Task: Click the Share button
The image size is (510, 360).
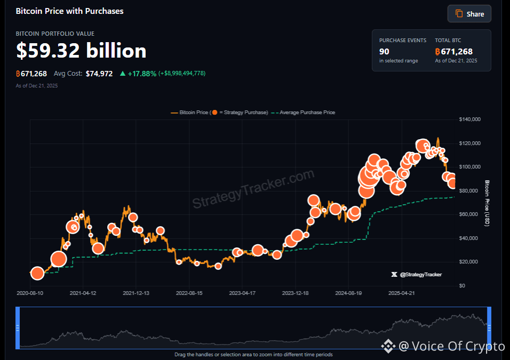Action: (469, 14)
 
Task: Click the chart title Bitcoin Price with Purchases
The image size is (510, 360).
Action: (69, 11)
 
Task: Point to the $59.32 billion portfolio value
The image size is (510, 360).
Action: (81, 51)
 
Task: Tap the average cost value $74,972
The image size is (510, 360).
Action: (99, 74)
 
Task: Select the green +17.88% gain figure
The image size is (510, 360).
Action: (142, 74)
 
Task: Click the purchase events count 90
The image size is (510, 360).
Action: (384, 52)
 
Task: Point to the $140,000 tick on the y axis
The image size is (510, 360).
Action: (470, 119)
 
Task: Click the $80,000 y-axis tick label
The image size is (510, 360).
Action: (470, 191)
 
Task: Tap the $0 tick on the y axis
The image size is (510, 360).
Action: (462, 286)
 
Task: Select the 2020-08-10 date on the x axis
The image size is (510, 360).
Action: (30, 293)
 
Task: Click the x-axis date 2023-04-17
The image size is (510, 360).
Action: (243, 293)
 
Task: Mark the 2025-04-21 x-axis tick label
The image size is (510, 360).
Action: (402, 293)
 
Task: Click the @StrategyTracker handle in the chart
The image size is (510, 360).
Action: (420, 275)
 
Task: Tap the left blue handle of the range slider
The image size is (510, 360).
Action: (18, 328)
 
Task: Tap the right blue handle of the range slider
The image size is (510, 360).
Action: (489, 328)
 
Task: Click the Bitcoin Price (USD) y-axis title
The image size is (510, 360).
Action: (487, 203)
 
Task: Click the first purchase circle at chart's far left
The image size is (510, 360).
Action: (37, 274)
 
